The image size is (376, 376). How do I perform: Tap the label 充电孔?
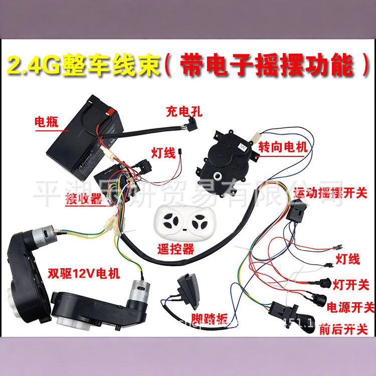(x=183, y=112)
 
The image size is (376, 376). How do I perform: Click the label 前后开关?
(x=346, y=329)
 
